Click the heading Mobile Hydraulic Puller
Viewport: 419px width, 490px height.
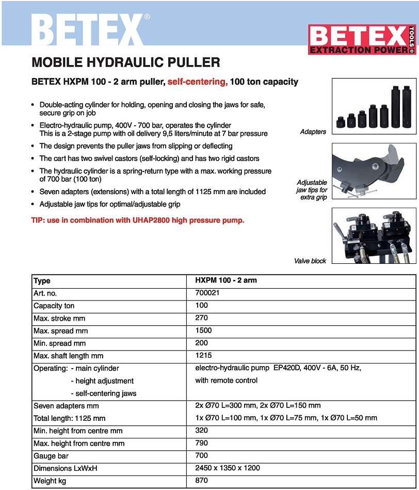[126, 62]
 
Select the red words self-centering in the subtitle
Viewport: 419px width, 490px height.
[198, 82]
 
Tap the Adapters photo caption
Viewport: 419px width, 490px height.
[313, 132]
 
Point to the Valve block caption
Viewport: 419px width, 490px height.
[310, 261]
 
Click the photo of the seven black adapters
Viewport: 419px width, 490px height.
[373, 107]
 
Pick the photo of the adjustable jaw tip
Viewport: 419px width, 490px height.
[373, 172]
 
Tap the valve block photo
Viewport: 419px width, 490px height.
[373, 236]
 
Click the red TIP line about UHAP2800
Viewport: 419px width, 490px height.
[138, 220]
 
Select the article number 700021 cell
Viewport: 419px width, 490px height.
[206, 293]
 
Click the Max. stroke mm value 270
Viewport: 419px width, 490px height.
[201, 318]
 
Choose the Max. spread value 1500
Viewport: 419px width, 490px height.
[203, 330]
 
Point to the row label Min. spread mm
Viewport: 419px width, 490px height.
[60, 343]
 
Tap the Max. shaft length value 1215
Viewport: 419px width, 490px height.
[203, 356]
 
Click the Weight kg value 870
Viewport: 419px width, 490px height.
[201, 481]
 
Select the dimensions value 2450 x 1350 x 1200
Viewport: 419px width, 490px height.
[228, 468]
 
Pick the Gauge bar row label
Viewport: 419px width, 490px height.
[51, 456]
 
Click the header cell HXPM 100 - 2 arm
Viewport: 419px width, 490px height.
[226, 280]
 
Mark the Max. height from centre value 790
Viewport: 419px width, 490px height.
[201, 443]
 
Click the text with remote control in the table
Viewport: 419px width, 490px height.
[226, 381]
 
